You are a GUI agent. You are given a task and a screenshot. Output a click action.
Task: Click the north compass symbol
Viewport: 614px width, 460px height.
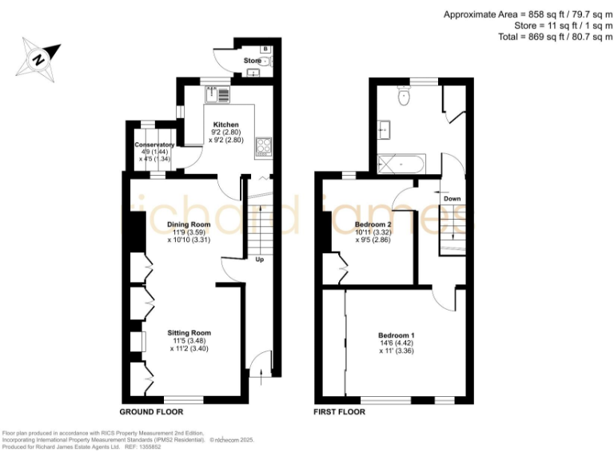38,57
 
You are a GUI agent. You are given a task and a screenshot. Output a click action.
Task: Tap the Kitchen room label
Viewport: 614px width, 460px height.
225,125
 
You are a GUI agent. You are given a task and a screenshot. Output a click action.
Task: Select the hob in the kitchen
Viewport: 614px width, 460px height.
263,145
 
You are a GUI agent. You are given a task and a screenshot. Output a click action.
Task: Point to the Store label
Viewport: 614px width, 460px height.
253,61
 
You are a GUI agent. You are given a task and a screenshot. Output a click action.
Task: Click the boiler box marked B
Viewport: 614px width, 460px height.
265,49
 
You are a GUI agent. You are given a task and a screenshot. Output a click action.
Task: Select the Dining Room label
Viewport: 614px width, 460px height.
188,224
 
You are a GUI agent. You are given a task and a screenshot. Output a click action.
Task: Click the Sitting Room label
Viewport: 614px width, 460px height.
189,332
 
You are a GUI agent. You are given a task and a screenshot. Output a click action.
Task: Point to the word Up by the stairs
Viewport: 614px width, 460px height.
259,260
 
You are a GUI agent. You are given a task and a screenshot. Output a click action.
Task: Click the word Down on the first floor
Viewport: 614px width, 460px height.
452,199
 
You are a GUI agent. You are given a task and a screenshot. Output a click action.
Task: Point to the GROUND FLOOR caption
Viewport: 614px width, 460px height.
151,412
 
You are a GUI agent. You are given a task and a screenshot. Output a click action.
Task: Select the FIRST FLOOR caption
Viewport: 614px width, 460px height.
340,412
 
